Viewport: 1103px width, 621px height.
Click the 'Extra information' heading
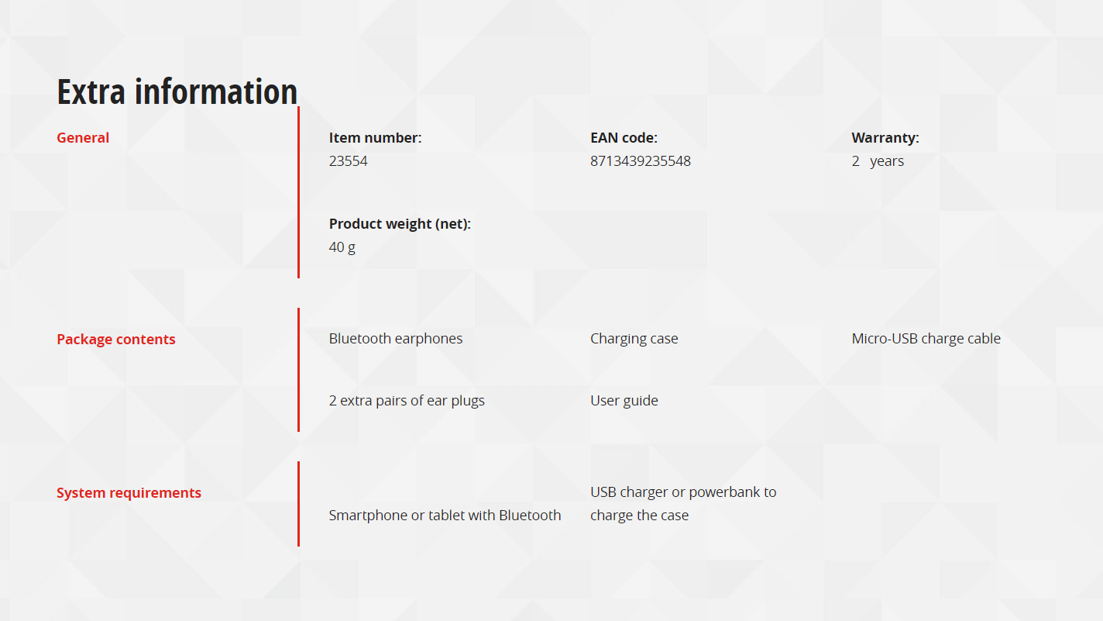coord(177,91)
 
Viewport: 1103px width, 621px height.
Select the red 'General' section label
coord(83,137)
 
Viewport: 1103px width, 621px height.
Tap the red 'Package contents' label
coord(115,339)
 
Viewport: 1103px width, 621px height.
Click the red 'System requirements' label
coord(129,493)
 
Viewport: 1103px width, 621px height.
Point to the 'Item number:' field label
coord(375,137)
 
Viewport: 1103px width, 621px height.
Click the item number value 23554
coord(348,161)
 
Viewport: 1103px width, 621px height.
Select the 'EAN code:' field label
coord(624,137)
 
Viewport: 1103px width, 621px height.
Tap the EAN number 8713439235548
coord(641,161)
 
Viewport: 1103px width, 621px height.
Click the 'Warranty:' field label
coord(885,138)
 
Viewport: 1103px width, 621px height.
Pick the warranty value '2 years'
coord(878,161)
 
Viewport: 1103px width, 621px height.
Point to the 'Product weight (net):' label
coord(400,224)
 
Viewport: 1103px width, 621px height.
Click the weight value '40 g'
coord(342,247)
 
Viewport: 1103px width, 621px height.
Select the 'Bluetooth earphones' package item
coord(395,339)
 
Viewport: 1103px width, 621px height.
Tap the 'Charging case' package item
coord(634,339)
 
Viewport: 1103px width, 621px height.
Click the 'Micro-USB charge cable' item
coord(926,339)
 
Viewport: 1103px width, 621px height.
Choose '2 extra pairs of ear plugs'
coord(407,401)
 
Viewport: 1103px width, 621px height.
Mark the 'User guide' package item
coord(624,401)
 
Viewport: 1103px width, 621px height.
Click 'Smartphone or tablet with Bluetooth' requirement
coord(445,515)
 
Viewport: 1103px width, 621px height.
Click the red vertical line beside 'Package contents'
coord(298,370)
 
